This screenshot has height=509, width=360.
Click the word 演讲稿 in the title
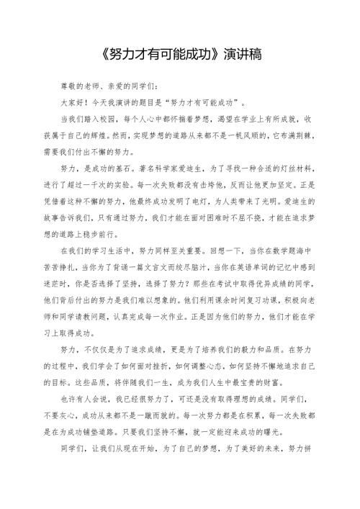[x=243, y=55]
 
